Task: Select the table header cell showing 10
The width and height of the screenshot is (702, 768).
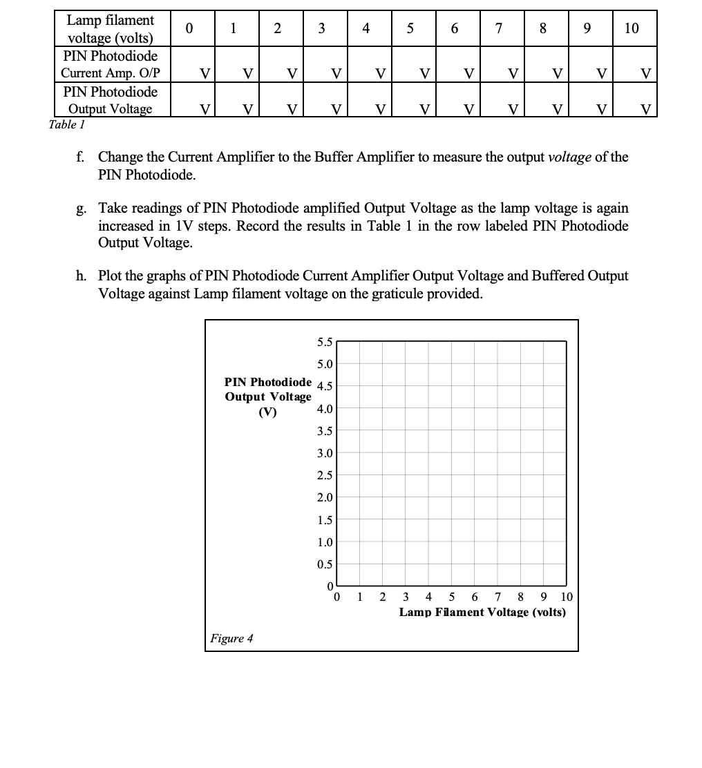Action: click(632, 28)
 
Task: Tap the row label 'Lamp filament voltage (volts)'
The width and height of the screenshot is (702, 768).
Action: click(111, 28)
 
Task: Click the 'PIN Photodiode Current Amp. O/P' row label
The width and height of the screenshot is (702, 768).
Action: click(111, 64)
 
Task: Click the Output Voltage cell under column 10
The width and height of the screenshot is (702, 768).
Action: click(634, 100)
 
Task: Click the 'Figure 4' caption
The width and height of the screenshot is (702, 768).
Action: click(231, 638)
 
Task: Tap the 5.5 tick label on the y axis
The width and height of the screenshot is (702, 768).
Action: click(324, 342)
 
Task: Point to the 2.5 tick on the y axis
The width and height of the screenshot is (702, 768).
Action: click(324, 475)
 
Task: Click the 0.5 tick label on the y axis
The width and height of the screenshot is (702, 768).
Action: click(324, 564)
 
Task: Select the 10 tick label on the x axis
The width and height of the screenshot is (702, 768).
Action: click(567, 597)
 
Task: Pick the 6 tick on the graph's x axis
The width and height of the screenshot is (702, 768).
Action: click(475, 597)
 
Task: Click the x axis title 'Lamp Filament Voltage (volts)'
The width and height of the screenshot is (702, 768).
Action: click(482, 613)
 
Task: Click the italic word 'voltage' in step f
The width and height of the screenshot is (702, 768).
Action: click(569, 157)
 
